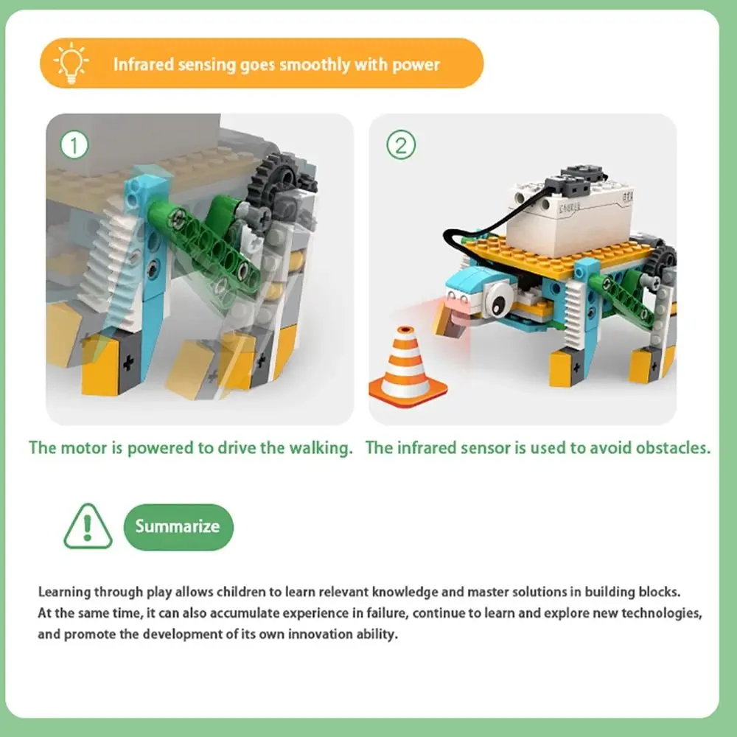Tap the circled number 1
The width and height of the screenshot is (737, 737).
coord(74,144)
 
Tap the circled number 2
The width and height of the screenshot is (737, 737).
coord(401,144)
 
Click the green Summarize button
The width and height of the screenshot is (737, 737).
coord(178,526)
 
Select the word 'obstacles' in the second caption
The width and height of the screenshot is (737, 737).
coord(675,447)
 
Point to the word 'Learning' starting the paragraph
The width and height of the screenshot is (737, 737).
coord(64,591)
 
